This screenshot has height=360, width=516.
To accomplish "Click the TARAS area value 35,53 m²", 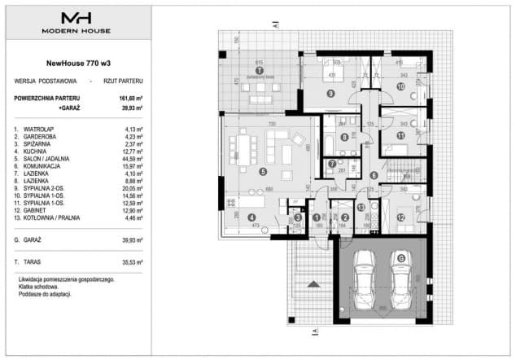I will (x=132, y=262).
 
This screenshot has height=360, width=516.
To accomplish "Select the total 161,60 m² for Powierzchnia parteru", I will (x=130, y=97).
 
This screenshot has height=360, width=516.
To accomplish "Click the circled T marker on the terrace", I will (x=259, y=71).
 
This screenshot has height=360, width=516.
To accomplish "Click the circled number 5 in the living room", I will (x=263, y=172).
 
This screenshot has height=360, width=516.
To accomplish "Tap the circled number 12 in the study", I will (x=401, y=217).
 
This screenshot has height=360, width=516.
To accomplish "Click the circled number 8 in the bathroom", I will (x=344, y=137).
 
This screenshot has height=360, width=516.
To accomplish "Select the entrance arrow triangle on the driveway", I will (x=313, y=283).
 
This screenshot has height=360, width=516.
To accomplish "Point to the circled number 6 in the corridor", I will (x=374, y=175).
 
